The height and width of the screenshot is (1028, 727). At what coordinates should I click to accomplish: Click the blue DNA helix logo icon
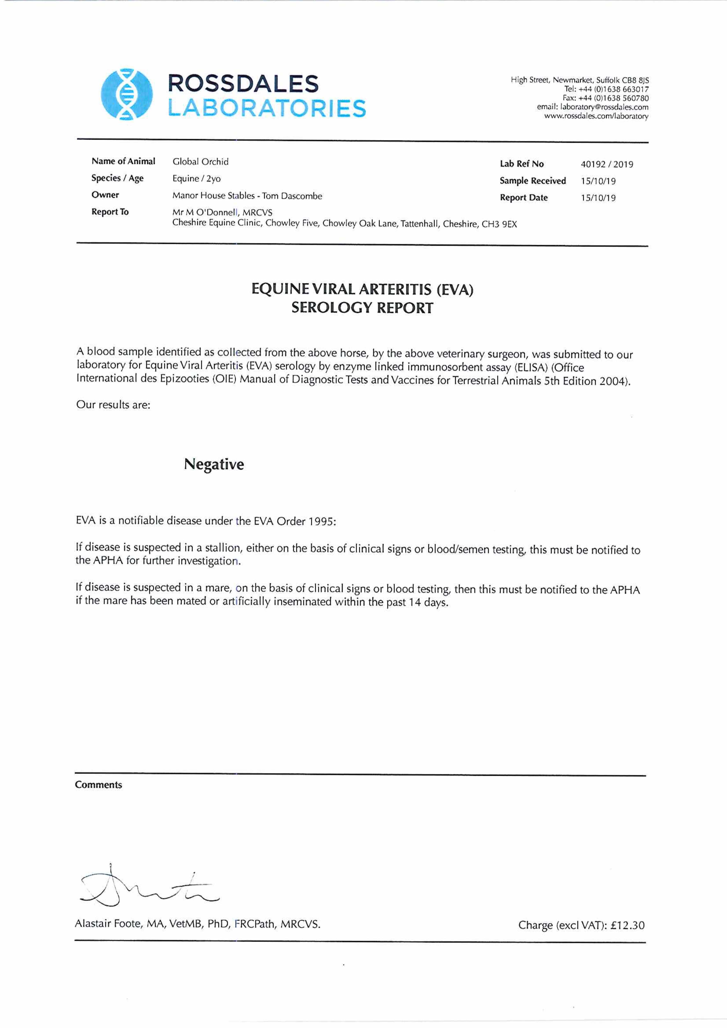click(126, 94)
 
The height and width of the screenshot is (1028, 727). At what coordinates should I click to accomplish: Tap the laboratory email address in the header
click(592, 107)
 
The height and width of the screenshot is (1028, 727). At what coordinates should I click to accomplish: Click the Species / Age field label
click(117, 178)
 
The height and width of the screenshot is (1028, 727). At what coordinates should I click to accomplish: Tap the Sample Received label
click(533, 181)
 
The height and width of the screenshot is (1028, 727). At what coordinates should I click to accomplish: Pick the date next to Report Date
click(598, 198)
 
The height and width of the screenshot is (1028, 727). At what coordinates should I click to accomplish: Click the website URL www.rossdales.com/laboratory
click(596, 116)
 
